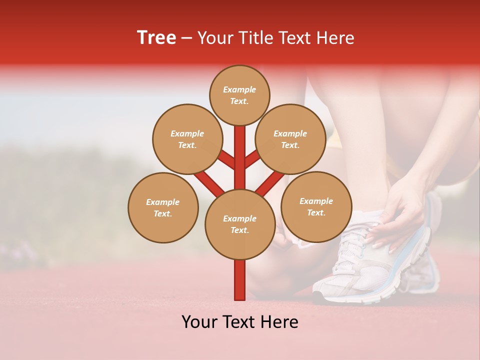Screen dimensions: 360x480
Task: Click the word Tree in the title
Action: point(156,38)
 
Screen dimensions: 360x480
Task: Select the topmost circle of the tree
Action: point(239,95)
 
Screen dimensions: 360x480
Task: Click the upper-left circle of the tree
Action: point(187,139)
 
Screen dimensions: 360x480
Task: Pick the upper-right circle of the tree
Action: point(290,139)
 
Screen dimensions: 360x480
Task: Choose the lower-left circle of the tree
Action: point(163,207)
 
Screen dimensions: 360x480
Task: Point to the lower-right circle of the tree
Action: point(316,206)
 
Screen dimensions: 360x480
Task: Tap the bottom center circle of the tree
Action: point(240,224)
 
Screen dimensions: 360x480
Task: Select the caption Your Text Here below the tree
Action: point(240,322)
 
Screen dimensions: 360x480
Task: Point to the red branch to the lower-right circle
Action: point(270,183)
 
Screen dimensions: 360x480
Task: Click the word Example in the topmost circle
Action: point(239,89)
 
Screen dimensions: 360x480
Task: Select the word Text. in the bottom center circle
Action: point(239,230)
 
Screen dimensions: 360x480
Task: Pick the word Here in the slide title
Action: point(337,38)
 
